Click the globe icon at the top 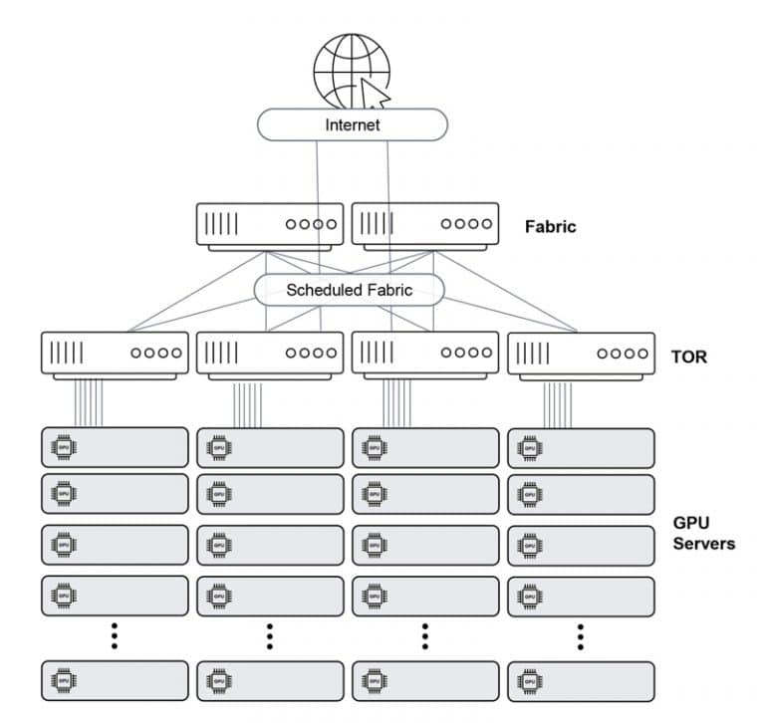tap(351, 70)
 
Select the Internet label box tap(353, 125)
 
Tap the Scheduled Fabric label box tap(349, 290)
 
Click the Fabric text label tap(550, 226)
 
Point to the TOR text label tap(688, 356)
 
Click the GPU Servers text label tap(703, 533)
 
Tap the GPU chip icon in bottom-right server tap(529, 680)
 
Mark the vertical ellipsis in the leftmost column tap(115, 635)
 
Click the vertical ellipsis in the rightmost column tap(581, 635)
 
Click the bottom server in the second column tap(270, 680)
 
